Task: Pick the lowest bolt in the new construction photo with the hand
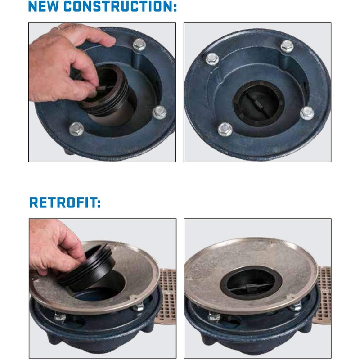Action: pos(76,130)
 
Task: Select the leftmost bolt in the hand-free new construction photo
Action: pos(211,58)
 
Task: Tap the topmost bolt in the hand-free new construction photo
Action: pos(287,45)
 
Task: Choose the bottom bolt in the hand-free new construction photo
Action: pos(225,130)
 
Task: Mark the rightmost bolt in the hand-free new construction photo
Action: pos(307,112)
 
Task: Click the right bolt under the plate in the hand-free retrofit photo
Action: pos(296,307)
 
